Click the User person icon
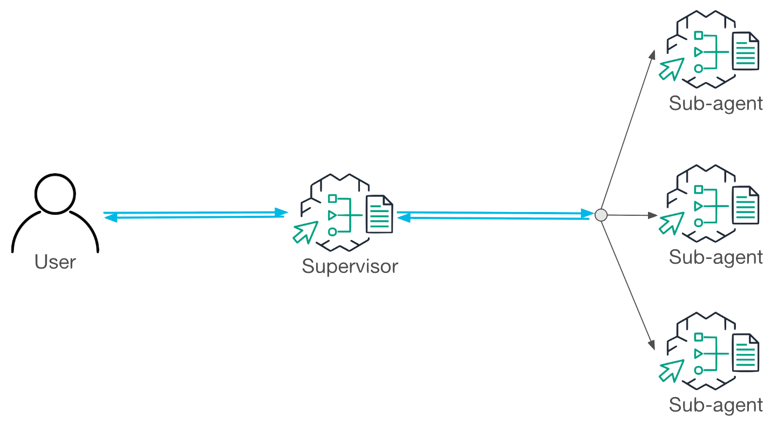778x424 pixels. point(54,213)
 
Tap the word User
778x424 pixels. point(55,263)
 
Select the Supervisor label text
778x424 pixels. point(350,266)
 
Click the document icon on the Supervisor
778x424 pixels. point(380,214)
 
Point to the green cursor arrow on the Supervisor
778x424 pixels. point(304,231)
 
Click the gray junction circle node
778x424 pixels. point(601,215)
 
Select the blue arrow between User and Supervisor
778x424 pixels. point(195,214)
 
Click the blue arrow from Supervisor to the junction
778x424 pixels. point(494,215)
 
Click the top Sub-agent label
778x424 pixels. point(715,103)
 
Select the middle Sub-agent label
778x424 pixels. point(715,257)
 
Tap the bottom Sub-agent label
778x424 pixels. point(715,404)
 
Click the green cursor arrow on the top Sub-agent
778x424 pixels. point(671,69)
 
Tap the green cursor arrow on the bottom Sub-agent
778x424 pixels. point(671,370)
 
